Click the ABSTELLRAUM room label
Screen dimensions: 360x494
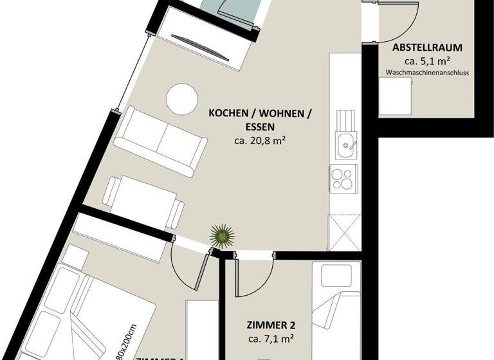tap(427, 48)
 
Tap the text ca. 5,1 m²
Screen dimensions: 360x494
tap(427, 61)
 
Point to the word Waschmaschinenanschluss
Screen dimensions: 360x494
tap(427, 73)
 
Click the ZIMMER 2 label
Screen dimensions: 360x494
tap(271, 325)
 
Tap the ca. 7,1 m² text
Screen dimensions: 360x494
tap(271, 338)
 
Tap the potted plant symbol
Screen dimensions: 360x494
tap(221, 237)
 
